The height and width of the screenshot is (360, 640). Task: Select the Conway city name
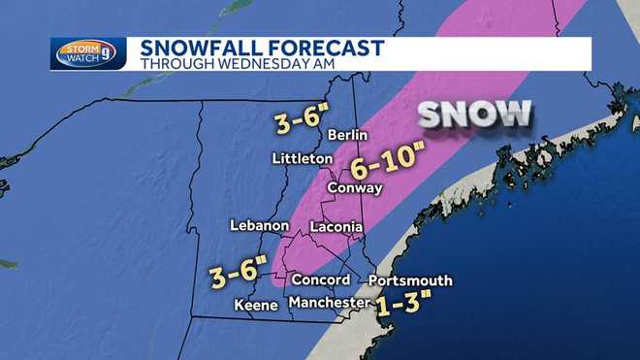(x=355, y=188)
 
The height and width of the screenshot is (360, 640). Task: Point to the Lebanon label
(x=260, y=225)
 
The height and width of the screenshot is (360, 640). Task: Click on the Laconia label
(x=336, y=227)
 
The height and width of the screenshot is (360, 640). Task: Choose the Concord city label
(x=320, y=279)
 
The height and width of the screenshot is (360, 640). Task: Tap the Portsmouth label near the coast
(x=410, y=280)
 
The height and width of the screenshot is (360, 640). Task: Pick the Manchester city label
(x=330, y=304)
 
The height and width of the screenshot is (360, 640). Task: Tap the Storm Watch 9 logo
(x=88, y=52)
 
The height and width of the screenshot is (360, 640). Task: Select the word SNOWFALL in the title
(x=196, y=48)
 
